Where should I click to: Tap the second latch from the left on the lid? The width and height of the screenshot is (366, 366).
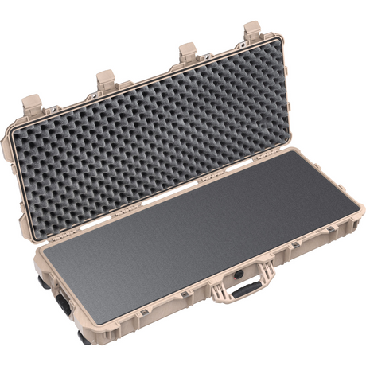106,78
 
